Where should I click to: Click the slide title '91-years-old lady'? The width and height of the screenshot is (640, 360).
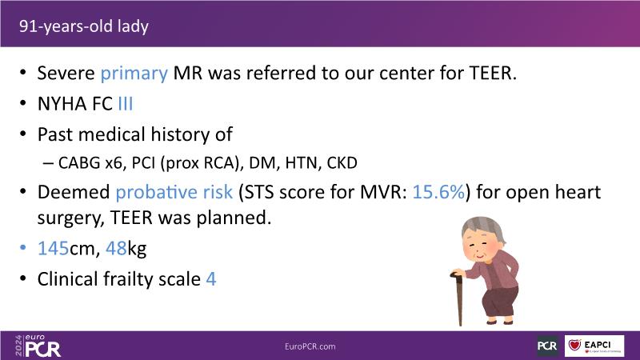(84, 26)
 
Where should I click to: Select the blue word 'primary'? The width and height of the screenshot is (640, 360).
(134, 74)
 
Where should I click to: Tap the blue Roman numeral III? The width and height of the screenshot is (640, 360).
(126, 104)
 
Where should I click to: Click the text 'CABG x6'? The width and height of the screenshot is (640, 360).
(90, 163)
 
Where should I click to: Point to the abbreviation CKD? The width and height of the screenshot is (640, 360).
(342, 163)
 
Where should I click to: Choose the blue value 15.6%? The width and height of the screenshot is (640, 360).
(438, 192)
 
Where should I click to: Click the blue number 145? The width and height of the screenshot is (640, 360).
(53, 248)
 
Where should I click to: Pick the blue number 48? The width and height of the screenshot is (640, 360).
(116, 248)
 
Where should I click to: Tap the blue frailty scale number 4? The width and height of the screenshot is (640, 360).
(211, 279)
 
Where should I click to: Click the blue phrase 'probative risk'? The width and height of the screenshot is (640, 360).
(174, 192)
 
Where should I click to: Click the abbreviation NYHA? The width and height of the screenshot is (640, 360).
(62, 104)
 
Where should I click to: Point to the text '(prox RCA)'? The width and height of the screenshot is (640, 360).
(200, 163)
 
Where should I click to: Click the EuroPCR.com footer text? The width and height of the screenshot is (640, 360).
(310, 346)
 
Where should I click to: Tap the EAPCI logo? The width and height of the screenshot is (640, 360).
(594, 346)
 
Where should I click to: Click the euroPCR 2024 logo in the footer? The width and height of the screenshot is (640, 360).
(38, 346)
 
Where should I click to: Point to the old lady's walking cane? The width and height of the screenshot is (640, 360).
(458, 298)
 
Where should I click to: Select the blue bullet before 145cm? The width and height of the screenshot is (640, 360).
(23, 247)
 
